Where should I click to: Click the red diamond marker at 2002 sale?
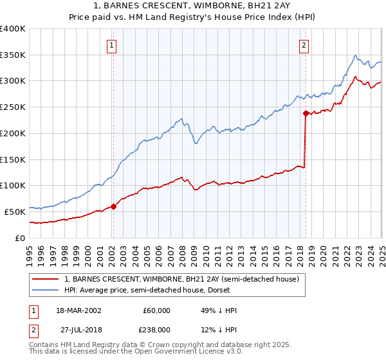[113, 206]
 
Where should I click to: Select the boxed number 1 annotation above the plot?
[112, 45]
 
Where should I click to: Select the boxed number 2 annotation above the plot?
[304, 45]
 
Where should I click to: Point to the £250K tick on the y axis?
[13, 107]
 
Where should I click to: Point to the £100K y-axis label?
[13, 185]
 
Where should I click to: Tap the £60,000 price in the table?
[156, 310]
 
